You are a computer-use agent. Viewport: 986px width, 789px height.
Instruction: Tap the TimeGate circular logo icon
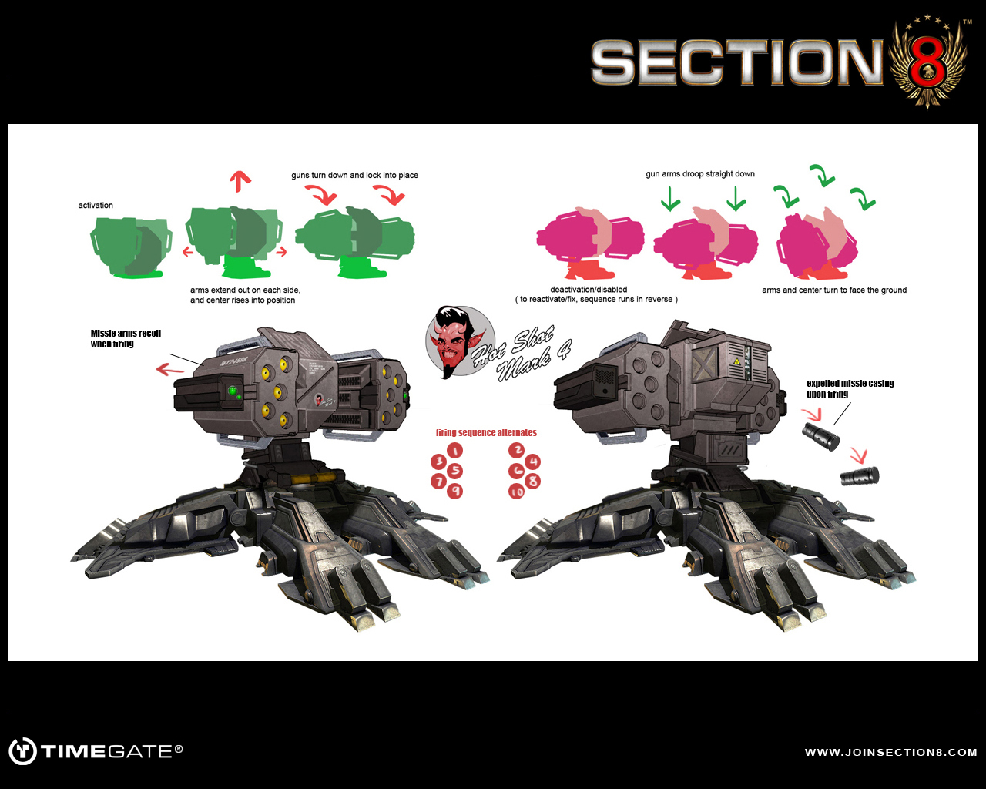tap(22, 751)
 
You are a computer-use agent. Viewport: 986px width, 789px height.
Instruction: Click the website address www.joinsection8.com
tap(890, 753)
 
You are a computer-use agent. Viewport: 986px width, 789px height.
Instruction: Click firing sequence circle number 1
tap(455, 451)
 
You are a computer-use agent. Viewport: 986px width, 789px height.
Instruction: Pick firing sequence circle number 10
tap(516, 492)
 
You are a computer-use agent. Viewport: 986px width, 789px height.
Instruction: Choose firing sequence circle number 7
tap(438, 482)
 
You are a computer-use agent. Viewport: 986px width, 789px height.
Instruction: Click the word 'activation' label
tap(96, 206)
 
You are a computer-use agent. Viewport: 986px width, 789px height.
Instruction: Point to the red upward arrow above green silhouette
tap(240, 182)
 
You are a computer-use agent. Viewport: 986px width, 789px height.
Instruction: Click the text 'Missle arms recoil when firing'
tap(126, 339)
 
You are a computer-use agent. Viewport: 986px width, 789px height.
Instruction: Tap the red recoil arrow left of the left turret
tap(170, 370)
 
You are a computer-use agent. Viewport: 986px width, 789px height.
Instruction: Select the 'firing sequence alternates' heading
tap(486, 433)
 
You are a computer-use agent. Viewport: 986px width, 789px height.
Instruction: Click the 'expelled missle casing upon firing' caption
tap(850, 388)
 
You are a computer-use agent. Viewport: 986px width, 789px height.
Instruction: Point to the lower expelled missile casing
tap(860, 476)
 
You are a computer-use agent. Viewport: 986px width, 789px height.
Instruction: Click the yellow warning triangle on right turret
tap(736, 361)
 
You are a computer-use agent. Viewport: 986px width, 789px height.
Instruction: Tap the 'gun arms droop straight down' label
tap(700, 174)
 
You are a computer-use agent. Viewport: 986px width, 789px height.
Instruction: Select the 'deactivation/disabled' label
tap(589, 290)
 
